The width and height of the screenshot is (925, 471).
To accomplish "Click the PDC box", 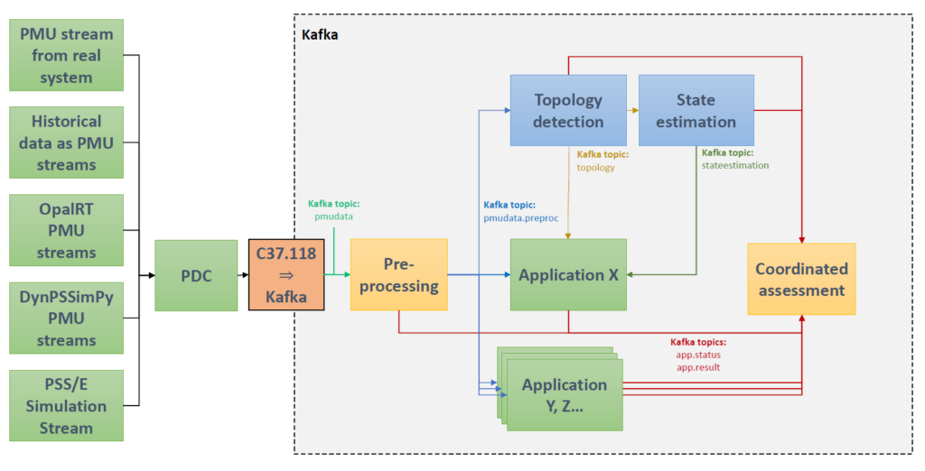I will (x=196, y=275).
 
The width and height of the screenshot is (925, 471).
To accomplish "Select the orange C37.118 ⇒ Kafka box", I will (x=285, y=275).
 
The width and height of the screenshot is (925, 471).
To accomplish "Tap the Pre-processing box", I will (x=398, y=275).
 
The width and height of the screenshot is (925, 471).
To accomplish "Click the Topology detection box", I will (x=568, y=110).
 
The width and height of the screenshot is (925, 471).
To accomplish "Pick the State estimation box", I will (x=695, y=110).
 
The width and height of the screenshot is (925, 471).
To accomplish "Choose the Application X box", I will (x=568, y=275).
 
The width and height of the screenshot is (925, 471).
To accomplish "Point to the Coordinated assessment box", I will (x=801, y=279).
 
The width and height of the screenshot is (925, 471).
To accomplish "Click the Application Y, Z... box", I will (x=565, y=395).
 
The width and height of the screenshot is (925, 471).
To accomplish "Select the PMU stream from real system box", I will (x=66, y=55).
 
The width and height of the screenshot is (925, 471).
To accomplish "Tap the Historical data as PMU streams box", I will (x=66, y=143).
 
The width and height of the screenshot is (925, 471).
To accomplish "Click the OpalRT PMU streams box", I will (x=66, y=230).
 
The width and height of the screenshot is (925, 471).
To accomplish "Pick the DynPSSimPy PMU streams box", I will (x=66, y=318).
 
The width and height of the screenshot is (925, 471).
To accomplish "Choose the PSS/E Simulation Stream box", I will (x=66, y=405).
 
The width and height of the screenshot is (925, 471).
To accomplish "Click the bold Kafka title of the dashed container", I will (x=320, y=34).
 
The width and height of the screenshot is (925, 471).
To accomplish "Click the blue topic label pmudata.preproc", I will (x=522, y=218).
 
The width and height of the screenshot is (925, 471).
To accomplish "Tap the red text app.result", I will (x=696, y=368).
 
